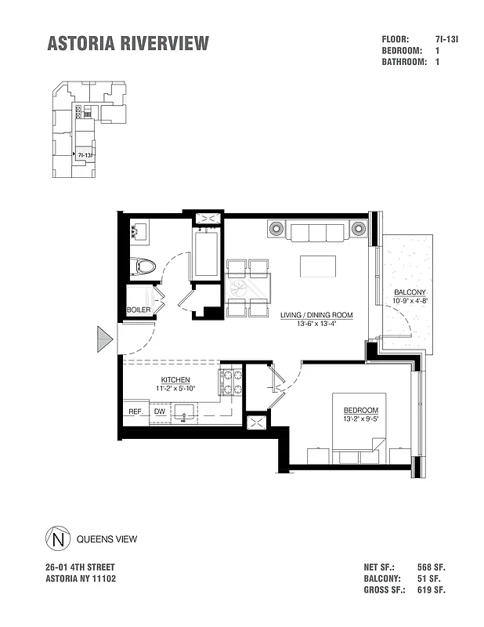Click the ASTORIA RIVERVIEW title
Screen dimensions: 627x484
[x=128, y=44]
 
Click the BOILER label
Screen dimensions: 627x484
[x=139, y=310]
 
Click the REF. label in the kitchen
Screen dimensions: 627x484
[x=134, y=411]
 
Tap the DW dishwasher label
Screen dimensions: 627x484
[x=159, y=411]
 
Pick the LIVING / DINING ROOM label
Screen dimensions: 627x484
[x=316, y=315]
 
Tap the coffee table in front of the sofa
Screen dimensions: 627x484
[x=317, y=266]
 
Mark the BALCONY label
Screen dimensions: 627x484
[x=409, y=294]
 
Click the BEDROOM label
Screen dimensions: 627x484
[x=360, y=411]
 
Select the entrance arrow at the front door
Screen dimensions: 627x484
[x=106, y=339]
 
